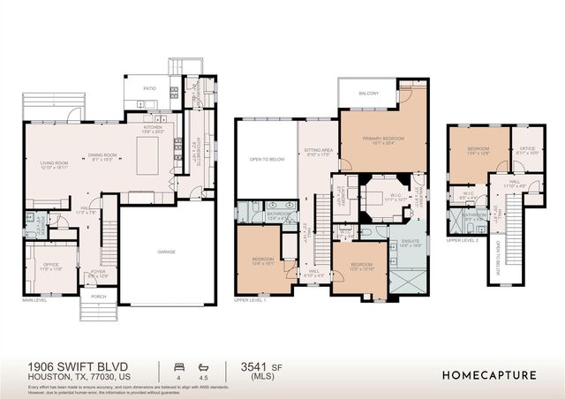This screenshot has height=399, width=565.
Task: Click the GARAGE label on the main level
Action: click(x=166, y=252)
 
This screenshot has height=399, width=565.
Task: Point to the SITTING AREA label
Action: click(x=319, y=151)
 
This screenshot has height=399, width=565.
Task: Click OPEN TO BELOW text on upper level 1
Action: click(x=266, y=160)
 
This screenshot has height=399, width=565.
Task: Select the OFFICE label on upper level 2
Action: click(x=528, y=148)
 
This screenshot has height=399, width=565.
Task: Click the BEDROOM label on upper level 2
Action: click(x=478, y=149)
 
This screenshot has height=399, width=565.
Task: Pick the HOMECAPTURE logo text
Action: click(x=487, y=374)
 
